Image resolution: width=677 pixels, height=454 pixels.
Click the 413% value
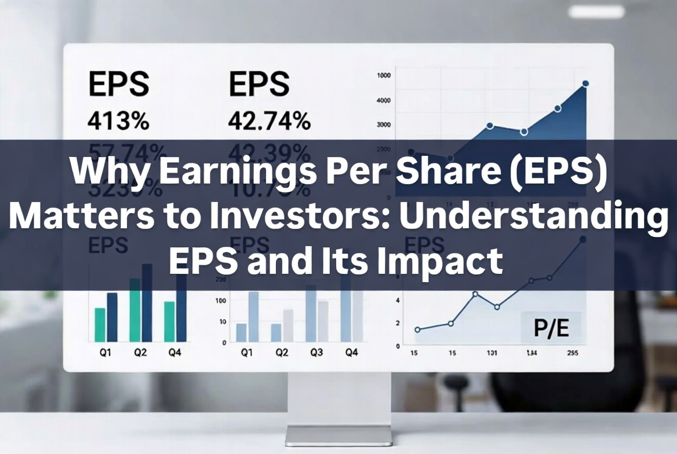pos(118,122)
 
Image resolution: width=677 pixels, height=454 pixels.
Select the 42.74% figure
pos(269,122)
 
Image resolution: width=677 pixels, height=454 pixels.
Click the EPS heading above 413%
pos(118,85)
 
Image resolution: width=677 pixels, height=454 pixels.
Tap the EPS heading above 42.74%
pos(259,85)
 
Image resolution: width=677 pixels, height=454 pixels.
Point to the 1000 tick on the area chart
pos(384,75)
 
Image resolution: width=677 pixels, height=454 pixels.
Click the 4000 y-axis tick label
pos(384,100)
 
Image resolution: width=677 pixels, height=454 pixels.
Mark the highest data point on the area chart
pos(585,83)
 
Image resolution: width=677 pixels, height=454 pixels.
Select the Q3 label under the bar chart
pos(316,352)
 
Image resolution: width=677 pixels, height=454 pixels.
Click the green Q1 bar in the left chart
pos(100,324)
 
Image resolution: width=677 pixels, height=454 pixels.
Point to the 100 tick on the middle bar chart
pos(220,301)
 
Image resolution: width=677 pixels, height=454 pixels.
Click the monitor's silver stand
pos(338,405)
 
